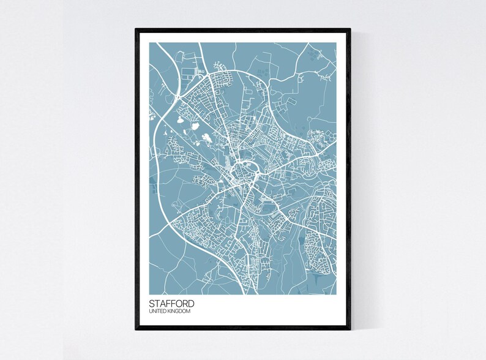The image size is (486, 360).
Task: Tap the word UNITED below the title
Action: (x=157, y=312)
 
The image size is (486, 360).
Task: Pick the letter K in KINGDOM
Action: (x=169, y=312)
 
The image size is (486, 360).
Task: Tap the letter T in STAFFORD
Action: (x=157, y=303)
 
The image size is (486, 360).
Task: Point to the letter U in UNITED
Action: (x=151, y=312)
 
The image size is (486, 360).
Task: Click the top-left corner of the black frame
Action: (x=136, y=28)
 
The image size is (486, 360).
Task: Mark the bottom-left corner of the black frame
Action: (x=136, y=330)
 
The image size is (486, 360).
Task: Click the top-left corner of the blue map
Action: (x=149, y=42)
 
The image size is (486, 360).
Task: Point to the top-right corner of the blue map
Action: (x=337, y=42)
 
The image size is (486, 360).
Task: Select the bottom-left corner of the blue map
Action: (x=149, y=293)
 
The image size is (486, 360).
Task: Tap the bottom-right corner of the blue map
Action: (x=337, y=293)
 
